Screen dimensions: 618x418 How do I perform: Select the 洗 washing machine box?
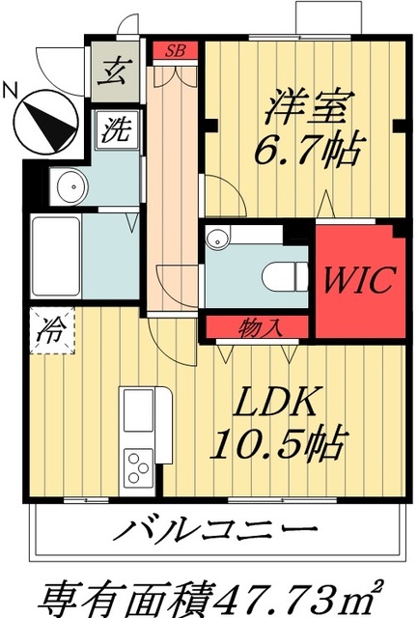click(115, 128)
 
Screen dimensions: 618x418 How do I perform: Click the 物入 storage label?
click(257, 328)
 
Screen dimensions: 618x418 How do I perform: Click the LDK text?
click(277, 404)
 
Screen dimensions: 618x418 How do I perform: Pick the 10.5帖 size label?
click(277, 445)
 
